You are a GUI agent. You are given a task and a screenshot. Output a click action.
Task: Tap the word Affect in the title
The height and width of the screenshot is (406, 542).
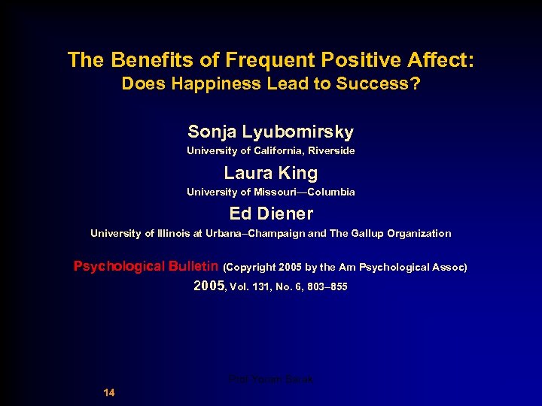pyautogui.click(x=437, y=60)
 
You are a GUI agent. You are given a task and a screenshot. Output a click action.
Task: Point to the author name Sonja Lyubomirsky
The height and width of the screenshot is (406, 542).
pyautogui.click(x=271, y=132)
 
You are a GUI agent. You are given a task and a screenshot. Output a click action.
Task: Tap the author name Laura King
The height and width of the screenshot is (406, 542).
pyautogui.click(x=271, y=174)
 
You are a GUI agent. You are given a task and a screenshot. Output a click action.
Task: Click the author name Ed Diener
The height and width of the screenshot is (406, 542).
pyautogui.click(x=271, y=214)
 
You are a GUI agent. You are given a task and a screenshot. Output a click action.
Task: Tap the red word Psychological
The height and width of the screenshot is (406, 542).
pyautogui.click(x=119, y=267)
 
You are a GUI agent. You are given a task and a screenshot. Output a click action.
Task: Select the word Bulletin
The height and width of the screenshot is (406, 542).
pyautogui.click(x=194, y=267)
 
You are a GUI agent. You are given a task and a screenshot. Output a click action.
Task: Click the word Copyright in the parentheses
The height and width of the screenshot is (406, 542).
pyautogui.click(x=252, y=268)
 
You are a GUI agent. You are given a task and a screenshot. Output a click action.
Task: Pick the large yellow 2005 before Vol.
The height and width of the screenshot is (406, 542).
pyautogui.click(x=209, y=286)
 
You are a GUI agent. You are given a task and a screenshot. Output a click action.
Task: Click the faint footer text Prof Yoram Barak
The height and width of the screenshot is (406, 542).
pyautogui.click(x=271, y=380)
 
